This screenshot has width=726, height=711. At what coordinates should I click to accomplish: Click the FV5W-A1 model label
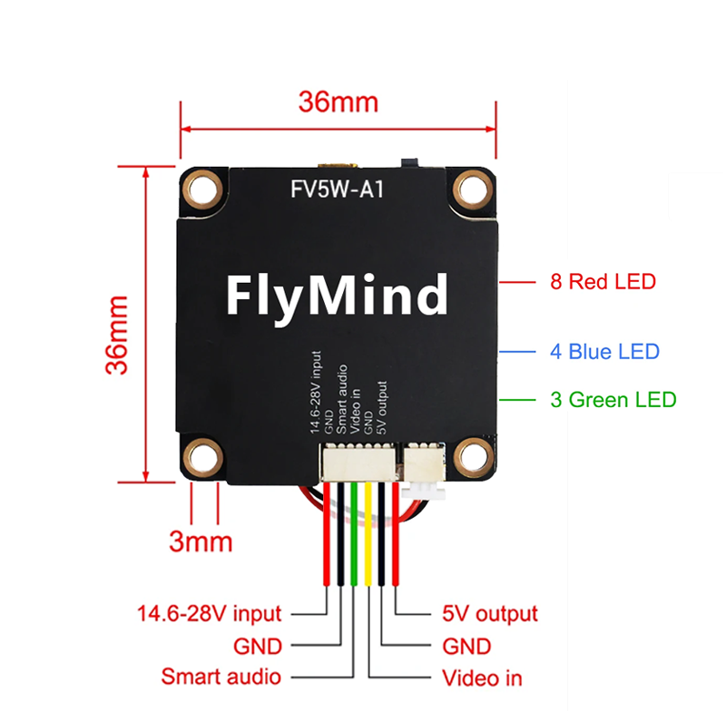337,190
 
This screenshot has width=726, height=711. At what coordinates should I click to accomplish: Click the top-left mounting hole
202,190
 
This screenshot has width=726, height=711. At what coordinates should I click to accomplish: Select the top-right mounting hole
472,190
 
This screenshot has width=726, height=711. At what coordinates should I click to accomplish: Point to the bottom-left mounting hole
202,457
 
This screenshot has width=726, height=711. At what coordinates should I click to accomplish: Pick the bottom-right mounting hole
472,457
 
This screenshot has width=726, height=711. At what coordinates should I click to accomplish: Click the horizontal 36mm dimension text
338,102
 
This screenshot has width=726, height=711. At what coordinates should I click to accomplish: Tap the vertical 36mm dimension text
117,335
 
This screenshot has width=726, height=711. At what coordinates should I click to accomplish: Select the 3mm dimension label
201,541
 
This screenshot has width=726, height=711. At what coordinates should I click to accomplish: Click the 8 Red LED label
603,282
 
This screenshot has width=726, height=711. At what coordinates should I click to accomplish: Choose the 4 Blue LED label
604,352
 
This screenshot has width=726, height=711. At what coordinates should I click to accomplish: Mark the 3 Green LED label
613,400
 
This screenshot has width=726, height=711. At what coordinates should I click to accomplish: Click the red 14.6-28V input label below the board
210,614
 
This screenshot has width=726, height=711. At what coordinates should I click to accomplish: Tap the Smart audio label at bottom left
221,677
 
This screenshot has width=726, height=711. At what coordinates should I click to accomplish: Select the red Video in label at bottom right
482,678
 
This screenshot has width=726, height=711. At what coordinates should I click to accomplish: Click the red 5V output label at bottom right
490,614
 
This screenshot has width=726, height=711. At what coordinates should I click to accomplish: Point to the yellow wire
368,534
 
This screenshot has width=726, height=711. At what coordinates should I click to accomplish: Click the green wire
355,534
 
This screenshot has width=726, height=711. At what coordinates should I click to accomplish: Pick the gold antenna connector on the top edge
338,165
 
